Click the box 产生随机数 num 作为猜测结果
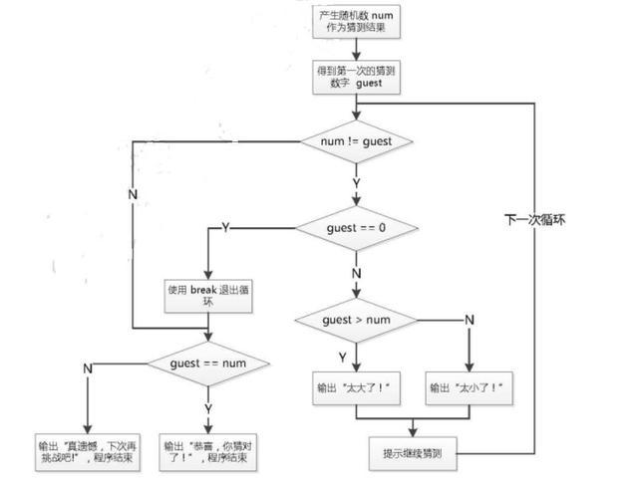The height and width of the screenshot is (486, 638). (x=356, y=22)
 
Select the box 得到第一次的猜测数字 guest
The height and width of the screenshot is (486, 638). (x=356, y=78)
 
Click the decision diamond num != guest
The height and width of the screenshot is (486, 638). (x=357, y=141)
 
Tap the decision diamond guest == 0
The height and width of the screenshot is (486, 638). (x=357, y=228)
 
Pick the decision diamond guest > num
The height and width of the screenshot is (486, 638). (x=357, y=321)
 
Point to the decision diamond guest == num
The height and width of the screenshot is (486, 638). (x=208, y=364)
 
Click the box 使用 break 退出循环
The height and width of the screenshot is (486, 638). (x=208, y=296)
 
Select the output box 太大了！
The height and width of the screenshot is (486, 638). (x=356, y=388)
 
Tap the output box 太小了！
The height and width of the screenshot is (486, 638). (x=469, y=388)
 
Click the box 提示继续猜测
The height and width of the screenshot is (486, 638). (x=413, y=453)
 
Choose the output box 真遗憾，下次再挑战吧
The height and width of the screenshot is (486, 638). (x=88, y=452)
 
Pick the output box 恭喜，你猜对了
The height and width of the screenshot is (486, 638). (x=208, y=452)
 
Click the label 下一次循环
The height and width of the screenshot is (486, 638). (x=534, y=220)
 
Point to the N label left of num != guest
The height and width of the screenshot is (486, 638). (x=133, y=194)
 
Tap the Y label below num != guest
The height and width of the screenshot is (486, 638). (x=357, y=183)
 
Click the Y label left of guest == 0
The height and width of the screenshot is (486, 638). (x=226, y=227)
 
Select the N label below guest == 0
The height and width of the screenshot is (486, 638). (x=357, y=274)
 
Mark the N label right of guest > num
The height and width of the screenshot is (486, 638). (x=470, y=320)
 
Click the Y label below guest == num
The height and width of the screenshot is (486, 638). (x=208, y=408)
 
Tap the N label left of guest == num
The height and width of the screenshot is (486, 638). (x=88, y=368)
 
